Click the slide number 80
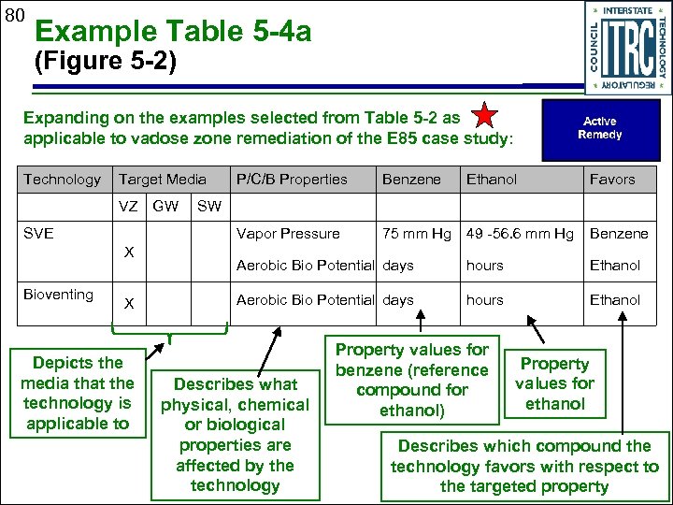13,16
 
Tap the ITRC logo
623,47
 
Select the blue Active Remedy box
599,128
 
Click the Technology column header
62,179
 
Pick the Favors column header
611,179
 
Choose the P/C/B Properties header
292,179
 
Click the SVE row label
37,233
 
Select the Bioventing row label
58,295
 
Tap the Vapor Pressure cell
288,234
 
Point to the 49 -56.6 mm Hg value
520,234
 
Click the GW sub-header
165,204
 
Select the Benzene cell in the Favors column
618,234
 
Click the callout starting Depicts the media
78,393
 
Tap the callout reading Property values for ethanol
554,383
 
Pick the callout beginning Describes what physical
235,434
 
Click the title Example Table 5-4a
173,34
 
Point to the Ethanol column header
492,179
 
